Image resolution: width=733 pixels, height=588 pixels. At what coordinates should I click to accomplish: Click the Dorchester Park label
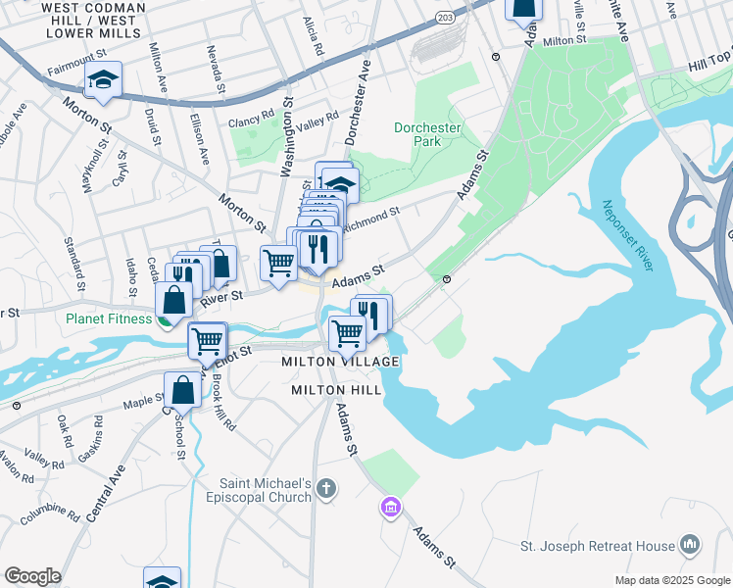(x=426, y=134)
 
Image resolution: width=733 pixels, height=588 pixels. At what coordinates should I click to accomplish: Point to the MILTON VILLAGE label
(x=340, y=362)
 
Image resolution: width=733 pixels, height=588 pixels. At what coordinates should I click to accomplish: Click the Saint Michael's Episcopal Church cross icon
(x=327, y=487)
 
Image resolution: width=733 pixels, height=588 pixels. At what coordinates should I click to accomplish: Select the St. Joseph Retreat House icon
(x=690, y=544)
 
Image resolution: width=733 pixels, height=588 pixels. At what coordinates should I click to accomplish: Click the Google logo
(x=32, y=576)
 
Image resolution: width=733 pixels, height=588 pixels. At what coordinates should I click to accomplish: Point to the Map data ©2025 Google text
(x=671, y=580)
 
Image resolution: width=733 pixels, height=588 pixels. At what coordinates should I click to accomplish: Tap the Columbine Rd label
(x=49, y=512)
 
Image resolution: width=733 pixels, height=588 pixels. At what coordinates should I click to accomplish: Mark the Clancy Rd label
(x=248, y=122)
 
